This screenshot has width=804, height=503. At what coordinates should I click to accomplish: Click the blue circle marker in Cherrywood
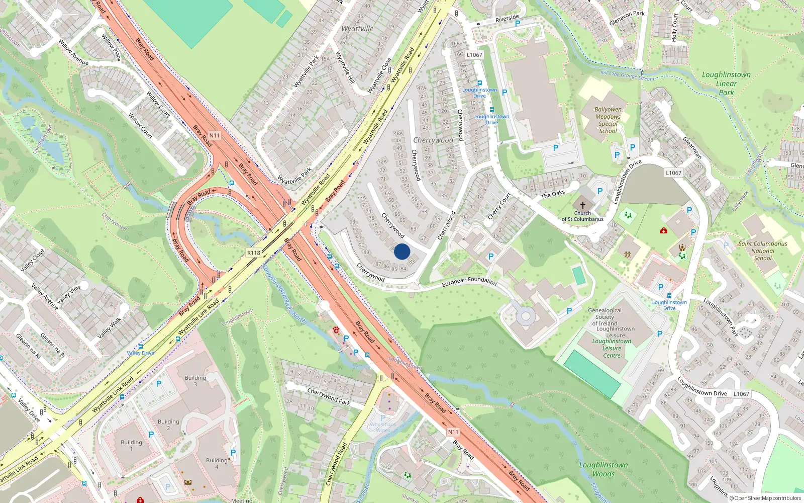coord(402,251)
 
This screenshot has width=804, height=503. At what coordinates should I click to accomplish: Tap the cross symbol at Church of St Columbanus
coord(583,205)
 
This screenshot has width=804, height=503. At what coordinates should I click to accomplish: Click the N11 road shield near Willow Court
coord(215,135)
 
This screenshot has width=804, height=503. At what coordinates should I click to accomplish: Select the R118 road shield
coord(254,253)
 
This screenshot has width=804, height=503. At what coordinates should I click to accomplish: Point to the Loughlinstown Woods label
coord(604,469)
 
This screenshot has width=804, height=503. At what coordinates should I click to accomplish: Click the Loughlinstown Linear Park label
coord(726,83)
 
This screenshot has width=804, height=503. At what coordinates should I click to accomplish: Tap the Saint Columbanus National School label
coord(763,250)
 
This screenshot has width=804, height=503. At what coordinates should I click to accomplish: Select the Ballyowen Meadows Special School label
coord(608,120)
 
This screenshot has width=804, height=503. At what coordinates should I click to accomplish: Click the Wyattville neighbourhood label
coord(357,29)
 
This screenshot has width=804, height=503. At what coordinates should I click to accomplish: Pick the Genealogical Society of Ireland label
coord(605,317)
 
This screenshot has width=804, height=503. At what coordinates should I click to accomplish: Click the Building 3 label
coord(195,381)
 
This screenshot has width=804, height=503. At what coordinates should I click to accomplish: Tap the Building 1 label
coord(131,445)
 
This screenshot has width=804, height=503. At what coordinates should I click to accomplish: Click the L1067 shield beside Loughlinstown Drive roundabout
coord(674,173)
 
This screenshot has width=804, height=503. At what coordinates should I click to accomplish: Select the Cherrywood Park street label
coord(329,396)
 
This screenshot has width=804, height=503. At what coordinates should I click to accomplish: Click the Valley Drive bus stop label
coord(141,353)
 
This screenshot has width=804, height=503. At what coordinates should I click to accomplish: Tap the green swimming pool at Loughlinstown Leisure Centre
coord(593,373)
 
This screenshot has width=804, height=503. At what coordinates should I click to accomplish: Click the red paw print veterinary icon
coord(336,330)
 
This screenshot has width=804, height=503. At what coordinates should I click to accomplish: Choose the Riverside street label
coord(507,19)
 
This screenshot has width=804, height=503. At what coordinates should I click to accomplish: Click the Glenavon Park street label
coord(627,18)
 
